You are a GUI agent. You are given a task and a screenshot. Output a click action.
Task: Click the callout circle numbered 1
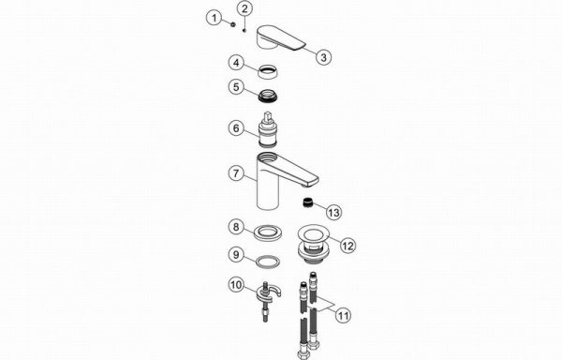tap(214, 18)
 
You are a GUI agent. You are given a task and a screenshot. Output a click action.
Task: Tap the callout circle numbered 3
tap(323, 57)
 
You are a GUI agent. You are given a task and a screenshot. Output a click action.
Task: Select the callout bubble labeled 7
tap(236, 173)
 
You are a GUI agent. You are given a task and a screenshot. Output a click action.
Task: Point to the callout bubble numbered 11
tap(343, 316)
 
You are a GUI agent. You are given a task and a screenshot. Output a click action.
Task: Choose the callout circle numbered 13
tap(333, 212)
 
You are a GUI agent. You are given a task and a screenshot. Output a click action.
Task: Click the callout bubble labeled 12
tap(348, 246)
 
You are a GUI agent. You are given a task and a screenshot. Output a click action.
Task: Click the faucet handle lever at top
tap(281, 37)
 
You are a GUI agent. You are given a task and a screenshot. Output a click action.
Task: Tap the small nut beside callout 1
tap(233, 24)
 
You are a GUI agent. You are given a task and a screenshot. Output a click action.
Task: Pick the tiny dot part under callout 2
tap(244, 31)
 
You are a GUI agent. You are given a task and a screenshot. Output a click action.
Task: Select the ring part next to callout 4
tap(268, 71)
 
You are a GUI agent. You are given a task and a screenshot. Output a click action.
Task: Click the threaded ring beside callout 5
tap(270, 96)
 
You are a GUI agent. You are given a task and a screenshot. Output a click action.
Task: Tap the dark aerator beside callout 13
tap(307, 202)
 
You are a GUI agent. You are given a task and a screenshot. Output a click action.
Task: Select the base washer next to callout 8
tap(268, 232)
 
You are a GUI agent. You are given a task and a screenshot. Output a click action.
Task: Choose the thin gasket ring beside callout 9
tap(268, 261)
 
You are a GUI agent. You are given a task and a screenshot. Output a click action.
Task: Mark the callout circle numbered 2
tap(244, 8)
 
